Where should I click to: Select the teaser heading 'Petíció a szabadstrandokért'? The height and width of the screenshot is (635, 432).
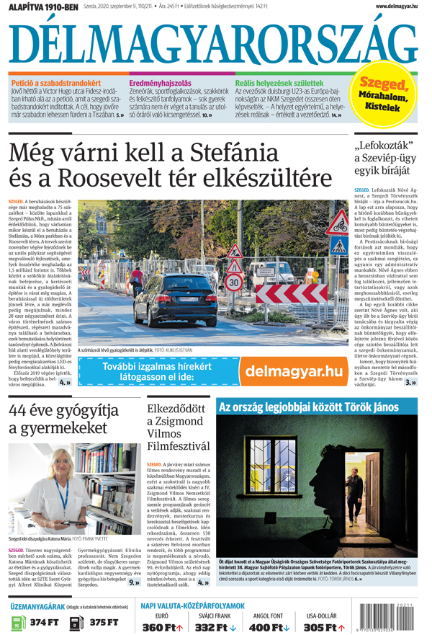[57, 84]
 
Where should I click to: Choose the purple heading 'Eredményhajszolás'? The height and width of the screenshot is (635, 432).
[161, 84]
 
